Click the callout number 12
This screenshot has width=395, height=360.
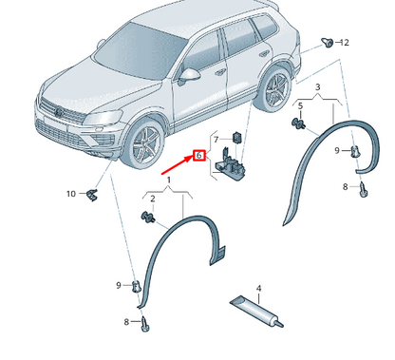coord(346,43)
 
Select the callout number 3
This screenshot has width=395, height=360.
coord(318,85)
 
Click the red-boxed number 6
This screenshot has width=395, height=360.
coord(199,156)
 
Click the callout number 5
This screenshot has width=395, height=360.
coord(300,105)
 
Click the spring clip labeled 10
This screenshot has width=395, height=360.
coord(92,195)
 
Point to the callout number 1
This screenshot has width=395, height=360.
coord(169,179)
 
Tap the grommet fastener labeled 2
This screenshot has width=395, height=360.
coord(147,219)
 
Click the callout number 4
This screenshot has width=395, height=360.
coord(258,288)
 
